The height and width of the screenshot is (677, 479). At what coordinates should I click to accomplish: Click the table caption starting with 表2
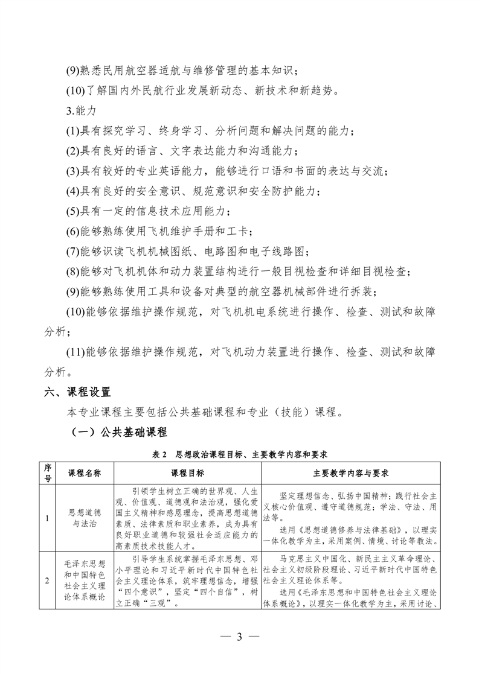tap(239, 453)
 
